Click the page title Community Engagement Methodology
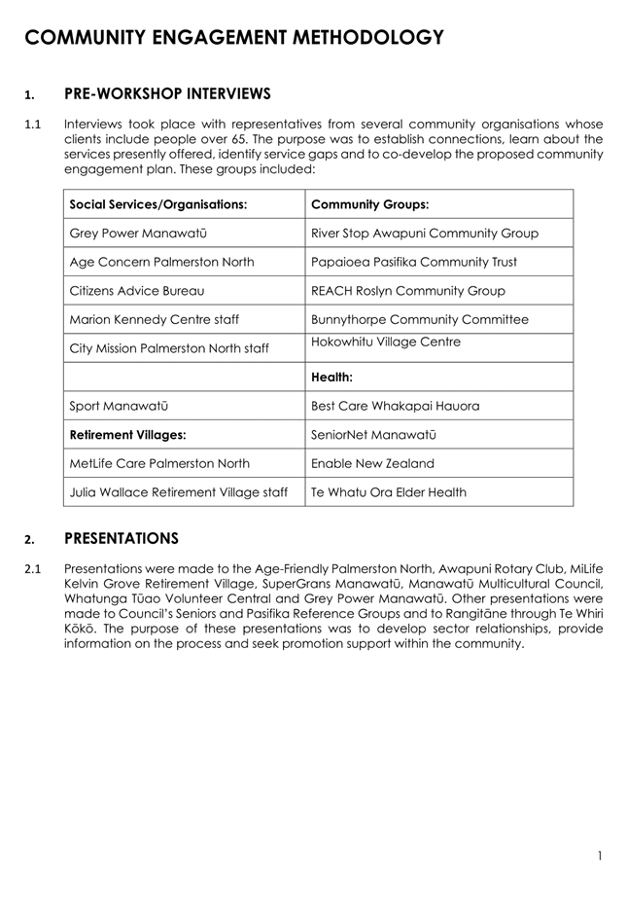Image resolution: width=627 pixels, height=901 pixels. [233, 38]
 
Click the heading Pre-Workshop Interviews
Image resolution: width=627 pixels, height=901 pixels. [166, 94]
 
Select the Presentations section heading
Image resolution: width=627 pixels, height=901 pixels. [121, 538]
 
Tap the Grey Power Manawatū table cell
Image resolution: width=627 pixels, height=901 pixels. [138, 234]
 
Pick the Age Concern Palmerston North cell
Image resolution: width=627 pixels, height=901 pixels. [162, 262]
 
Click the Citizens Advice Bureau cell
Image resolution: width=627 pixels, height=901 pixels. [137, 291]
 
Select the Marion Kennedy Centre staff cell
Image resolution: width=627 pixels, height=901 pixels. [155, 319]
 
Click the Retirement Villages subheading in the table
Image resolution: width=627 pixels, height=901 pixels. [127, 434]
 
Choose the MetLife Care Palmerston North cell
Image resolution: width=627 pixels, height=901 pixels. [159, 463]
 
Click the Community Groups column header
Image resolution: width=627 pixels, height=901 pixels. [369, 204]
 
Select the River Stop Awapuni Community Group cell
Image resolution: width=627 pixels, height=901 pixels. [424, 234]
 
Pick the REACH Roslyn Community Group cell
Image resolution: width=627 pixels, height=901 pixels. [407, 291]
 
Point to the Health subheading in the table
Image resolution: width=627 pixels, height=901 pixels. [331, 377]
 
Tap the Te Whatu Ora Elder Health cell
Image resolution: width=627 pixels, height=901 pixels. [388, 492]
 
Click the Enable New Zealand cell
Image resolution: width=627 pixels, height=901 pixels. [372, 463]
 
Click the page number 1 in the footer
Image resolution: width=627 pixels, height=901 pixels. [601, 856]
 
